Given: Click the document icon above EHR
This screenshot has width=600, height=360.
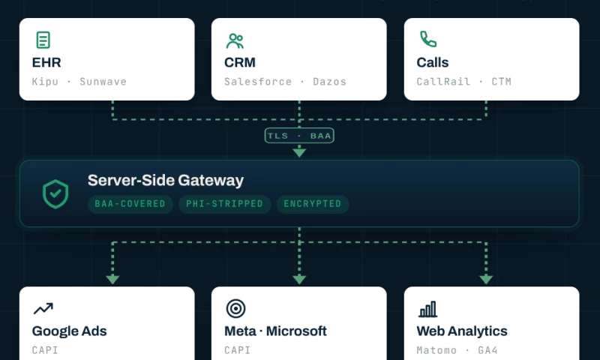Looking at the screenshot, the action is point(43,40).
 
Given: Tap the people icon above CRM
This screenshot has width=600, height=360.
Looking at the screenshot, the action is point(235,41).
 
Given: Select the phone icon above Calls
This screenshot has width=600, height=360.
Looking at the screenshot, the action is point(428,39).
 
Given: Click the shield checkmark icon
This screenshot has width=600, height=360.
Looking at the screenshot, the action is point(55,194).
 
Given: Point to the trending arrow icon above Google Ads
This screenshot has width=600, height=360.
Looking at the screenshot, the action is point(43,308).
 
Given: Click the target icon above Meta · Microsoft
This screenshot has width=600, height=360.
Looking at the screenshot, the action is point(235,308).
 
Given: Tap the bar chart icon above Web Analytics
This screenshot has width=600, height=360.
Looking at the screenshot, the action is point(427,309).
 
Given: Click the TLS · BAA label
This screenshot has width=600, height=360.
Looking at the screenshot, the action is point(299,136).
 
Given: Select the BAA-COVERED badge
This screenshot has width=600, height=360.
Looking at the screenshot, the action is point(130,204).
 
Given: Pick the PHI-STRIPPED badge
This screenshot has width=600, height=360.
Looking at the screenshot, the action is point(224,204).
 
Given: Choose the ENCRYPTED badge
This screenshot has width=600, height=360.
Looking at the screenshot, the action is point(313,204).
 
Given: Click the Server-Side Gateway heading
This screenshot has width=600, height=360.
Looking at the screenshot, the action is point(165,180).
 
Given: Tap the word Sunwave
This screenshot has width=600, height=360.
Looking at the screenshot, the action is point(103,82).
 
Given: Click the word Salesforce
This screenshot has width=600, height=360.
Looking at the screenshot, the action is point(258,82).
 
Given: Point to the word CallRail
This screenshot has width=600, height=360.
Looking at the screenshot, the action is point(443,82).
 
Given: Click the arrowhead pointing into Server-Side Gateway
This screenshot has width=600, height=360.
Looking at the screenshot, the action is point(299,153).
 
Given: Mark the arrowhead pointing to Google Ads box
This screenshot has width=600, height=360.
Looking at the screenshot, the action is point(112,280).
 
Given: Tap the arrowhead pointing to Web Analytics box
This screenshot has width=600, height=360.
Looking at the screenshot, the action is point(486,280).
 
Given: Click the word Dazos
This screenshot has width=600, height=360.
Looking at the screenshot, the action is point(329,82).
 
